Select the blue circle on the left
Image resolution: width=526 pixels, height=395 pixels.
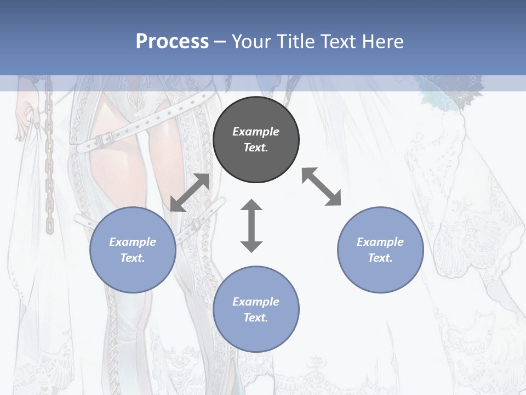click(133, 250)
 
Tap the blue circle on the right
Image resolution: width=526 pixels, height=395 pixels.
click(380, 250)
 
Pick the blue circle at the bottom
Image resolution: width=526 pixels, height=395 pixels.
click(256, 309)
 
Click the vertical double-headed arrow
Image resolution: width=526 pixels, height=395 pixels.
click(251, 225)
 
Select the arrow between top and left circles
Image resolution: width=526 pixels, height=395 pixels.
click(190, 193)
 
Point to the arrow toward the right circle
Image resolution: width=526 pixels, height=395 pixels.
click(322, 187)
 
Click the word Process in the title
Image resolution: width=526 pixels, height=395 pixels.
click(172, 41)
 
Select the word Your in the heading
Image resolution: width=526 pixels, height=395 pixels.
click(250, 41)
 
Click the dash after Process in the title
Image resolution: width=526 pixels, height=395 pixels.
click(220, 41)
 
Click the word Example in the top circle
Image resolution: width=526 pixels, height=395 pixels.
click(256, 132)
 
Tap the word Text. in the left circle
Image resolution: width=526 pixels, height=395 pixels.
click(133, 258)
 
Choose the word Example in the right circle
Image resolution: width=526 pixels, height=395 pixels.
click(380, 242)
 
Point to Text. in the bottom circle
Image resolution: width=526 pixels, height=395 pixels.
click(256, 318)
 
